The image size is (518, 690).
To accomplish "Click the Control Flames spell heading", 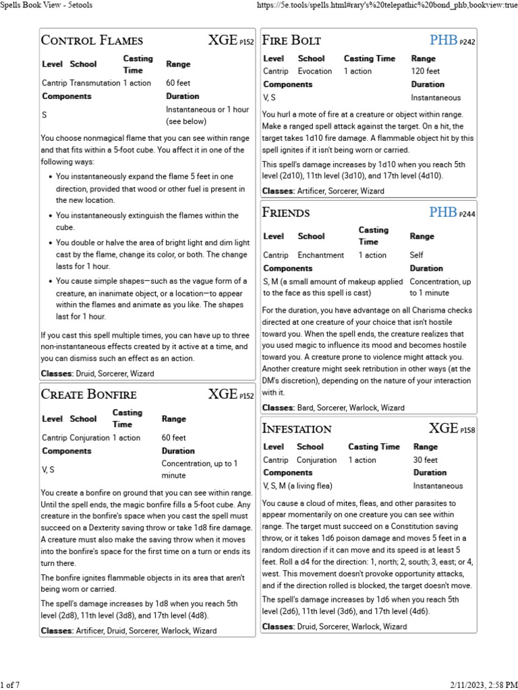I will [x=92, y=40].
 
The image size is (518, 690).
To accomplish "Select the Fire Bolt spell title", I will [x=291, y=40].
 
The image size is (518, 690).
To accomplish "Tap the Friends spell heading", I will [x=286, y=213].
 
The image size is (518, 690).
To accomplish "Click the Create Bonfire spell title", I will [x=89, y=394].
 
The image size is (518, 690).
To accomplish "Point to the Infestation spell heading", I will [x=297, y=429].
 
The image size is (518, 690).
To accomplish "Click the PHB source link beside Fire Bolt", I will [x=443, y=40].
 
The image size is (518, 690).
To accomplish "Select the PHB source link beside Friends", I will [x=443, y=213].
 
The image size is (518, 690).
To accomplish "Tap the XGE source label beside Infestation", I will [x=443, y=429].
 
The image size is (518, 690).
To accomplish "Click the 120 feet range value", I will [x=425, y=71].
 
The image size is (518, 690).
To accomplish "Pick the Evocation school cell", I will [x=315, y=71].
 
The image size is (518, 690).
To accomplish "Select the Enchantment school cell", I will [x=321, y=255].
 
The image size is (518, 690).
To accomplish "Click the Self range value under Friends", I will [x=417, y=255].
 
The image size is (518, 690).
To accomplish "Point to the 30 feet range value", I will [x=425, y=460].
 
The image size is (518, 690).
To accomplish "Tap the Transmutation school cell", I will [x=94, y=83].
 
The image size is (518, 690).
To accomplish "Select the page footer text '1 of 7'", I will [x=10, y=685].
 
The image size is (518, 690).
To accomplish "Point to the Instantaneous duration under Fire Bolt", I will [x=436, y=98].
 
